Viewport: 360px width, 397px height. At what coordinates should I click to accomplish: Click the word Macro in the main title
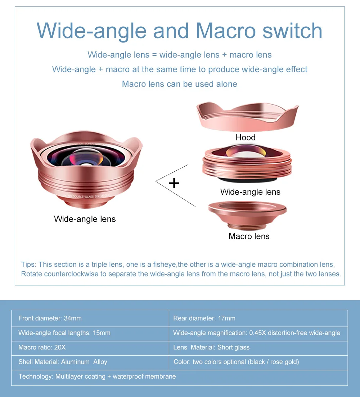[227, 31]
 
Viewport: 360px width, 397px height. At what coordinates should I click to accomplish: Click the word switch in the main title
[292, 31]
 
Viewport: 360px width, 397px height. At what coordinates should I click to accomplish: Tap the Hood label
[246, 137]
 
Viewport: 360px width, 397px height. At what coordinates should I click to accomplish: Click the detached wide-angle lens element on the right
[248, 164]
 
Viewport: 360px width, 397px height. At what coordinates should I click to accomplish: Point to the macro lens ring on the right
[247, 215]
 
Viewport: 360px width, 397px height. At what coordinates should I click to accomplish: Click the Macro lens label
[249, 236]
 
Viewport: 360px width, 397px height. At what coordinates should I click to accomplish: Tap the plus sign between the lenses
[174, 183]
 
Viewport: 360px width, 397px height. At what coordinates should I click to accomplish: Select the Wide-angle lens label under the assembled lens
[85, 219]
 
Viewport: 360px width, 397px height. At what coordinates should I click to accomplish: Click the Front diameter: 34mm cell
[50, 318]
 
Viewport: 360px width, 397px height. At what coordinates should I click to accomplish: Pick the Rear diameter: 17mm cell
[204, 318]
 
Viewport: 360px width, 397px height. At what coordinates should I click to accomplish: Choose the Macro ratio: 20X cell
[42, 347]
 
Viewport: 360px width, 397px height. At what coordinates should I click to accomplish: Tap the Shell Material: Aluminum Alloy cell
[63, 362]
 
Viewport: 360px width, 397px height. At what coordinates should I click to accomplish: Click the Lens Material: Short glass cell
[211, 347]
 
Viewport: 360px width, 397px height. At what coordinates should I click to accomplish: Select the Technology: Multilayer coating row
[97, 376]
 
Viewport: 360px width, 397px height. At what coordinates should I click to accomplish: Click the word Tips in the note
[29, 265]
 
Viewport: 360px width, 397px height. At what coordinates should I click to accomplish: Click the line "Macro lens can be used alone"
[180, 84]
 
